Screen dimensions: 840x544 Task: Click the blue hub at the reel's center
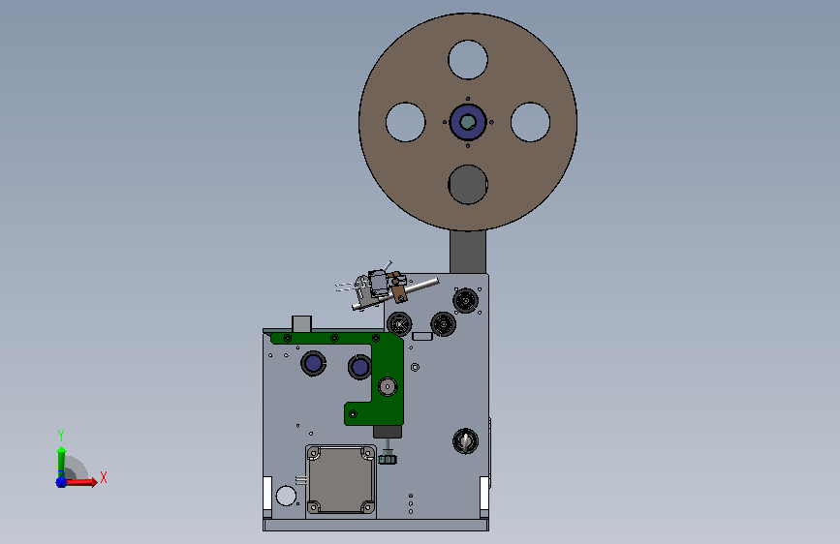[468, 122]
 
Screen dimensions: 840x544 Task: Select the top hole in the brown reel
[468, 59]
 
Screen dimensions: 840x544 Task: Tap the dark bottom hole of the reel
[468, 185]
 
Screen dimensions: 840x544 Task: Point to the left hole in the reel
[406, 122]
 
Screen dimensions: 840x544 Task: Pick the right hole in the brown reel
[530, 122]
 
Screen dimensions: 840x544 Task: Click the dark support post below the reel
[468, 252]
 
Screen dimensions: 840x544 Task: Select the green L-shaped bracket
[387, 375]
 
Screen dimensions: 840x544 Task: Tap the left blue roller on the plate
[313, 363]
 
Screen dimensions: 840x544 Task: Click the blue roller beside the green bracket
[359, 367]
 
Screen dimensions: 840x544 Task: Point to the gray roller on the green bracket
[388, 386]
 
